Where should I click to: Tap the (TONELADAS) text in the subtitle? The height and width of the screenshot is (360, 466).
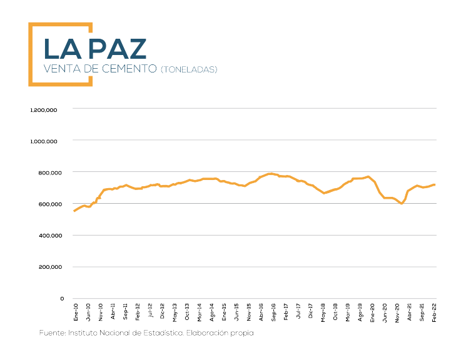(x=188, y=69)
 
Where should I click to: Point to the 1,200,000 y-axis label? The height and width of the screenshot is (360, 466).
(x=44, y=109)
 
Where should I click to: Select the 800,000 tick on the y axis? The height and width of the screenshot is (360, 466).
(x=48, y=172)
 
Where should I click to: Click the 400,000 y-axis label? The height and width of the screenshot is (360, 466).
(x=48, y=236)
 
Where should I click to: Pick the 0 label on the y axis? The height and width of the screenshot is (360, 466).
(x=62, y=299)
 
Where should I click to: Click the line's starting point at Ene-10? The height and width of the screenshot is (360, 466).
(x=74, y=211)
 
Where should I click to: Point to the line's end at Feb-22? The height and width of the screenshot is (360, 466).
(x=435, y=184)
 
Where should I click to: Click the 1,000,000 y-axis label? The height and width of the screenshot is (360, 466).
(x=44, y=141)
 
